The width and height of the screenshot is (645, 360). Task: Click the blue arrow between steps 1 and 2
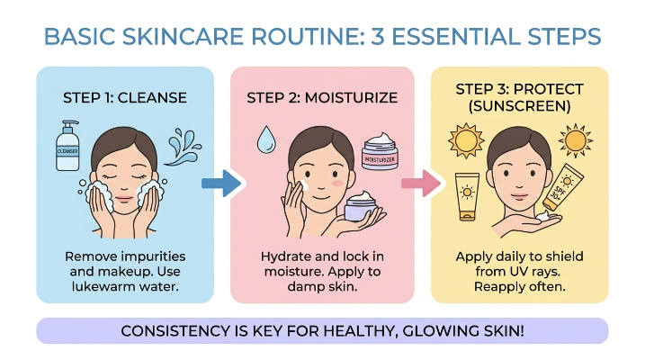(x=221, y=183)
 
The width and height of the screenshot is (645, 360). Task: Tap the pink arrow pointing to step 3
(x=420, y=183)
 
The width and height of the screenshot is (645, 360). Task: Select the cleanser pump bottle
(x=67, y=145)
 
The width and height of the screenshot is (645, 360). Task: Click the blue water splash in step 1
(x=184, y=147)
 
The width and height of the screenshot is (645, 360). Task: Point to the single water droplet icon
(x=266, y=139)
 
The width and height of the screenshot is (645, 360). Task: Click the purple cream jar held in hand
(x=361, y=206)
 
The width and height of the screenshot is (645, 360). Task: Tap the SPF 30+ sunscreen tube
(x=562, y=187)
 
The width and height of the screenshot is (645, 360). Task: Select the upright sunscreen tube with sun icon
(x=467, y=197)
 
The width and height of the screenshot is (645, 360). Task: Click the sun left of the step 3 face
(x=466, y=140)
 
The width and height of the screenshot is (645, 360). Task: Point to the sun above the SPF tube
(x=576, y=140)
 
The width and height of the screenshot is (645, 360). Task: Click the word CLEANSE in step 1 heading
(x=152, y=98)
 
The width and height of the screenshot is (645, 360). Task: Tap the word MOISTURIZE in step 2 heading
(x=352, y=98)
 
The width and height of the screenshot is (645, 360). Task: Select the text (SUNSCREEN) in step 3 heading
(x=520, y=106)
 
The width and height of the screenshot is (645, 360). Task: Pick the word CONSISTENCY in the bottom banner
(x=177, y=331)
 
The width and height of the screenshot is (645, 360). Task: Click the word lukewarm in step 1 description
(x=103, y=286)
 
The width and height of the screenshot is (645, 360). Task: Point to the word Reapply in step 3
(x=497, y=287)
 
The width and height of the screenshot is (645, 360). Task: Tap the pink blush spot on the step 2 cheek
(x=337, y=183)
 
